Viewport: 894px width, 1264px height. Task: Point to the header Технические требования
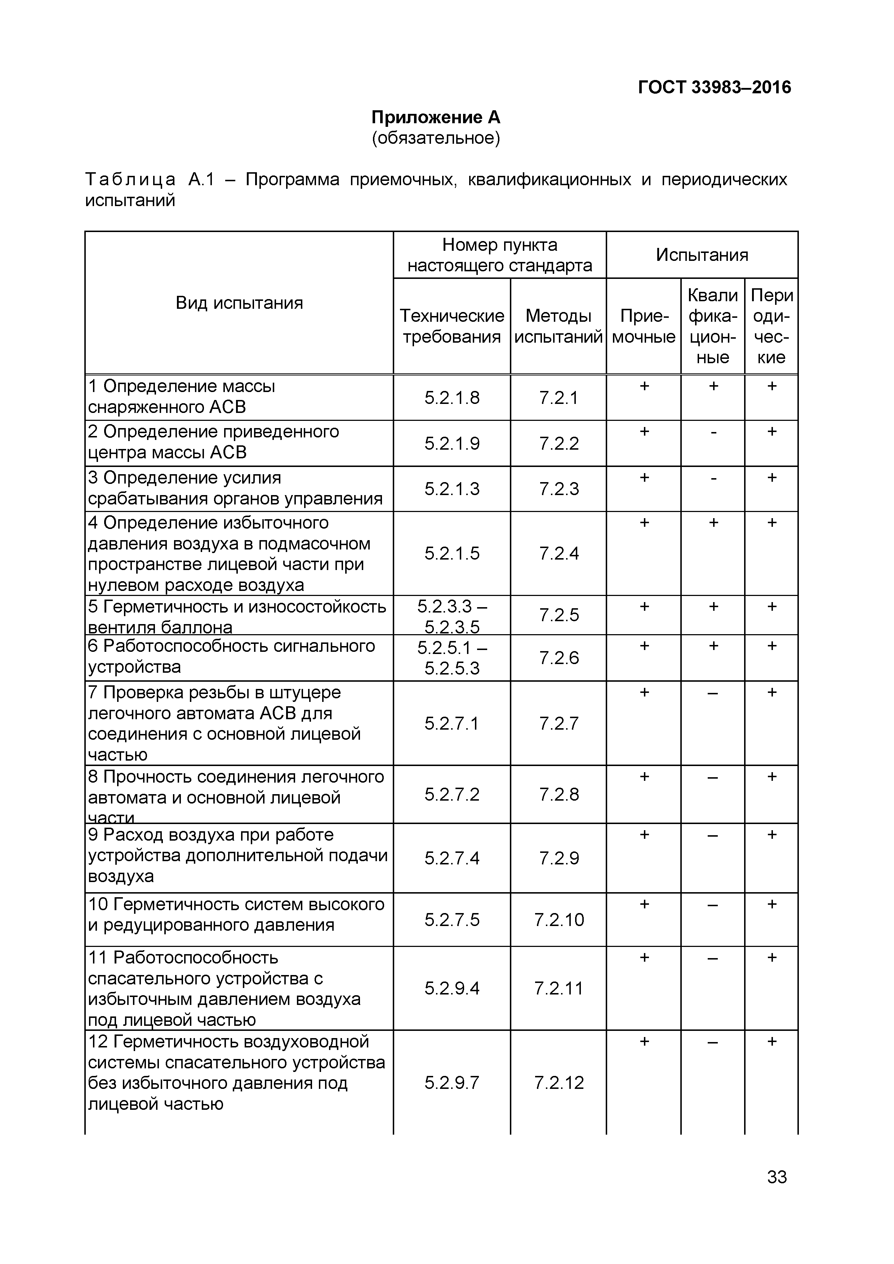[452, 326]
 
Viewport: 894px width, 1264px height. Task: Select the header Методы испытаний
[558, 326]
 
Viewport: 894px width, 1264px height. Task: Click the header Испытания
[702, 255]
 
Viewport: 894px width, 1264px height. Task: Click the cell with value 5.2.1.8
[452, 397]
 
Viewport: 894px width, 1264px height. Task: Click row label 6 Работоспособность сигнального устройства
[231, 656]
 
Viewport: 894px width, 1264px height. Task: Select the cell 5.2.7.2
[452, 794]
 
